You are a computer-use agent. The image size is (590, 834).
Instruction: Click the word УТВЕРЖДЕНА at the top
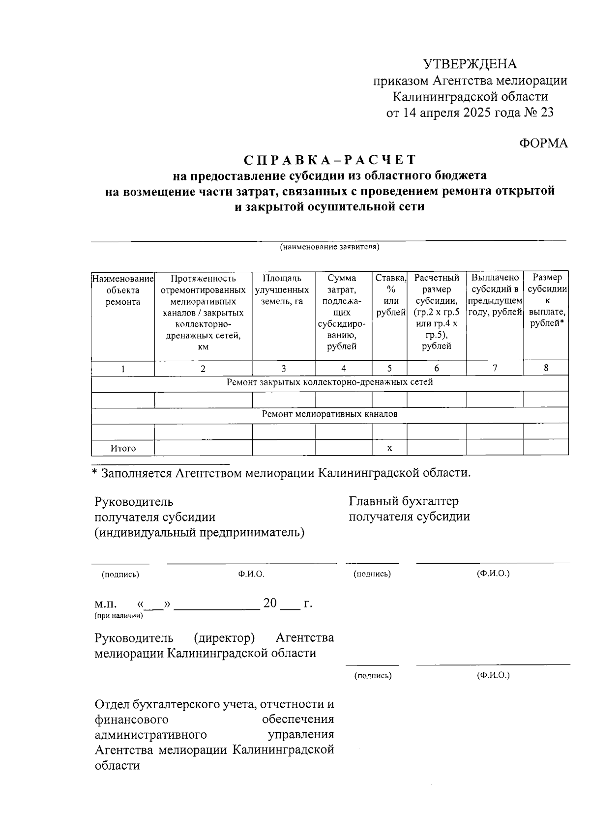point(470,64)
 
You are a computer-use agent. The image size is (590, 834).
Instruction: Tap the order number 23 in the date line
point(547,113)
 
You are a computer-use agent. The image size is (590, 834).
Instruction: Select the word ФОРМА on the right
point(543,143)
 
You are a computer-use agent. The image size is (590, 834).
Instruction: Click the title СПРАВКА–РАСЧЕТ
point(330,160)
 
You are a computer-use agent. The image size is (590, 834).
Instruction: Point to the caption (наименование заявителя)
point(329,247)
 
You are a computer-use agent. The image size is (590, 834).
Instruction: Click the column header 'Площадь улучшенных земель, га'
point(283,290)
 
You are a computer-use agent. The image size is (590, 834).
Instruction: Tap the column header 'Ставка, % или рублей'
point(390,295)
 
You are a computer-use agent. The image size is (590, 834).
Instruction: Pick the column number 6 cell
point(437,368)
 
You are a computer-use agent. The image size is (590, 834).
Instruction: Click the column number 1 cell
point(123,369)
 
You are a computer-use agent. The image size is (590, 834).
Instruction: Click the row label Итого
point(123,448)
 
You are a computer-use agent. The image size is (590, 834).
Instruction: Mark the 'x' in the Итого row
point(389,448)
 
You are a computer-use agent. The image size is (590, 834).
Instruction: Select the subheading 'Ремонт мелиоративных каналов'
point(329,414)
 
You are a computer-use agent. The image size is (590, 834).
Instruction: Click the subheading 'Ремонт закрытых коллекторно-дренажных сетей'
point(329,382)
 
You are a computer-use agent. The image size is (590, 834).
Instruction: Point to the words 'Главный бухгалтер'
point(404,501)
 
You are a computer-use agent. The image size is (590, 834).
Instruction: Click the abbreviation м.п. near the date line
point(106,604)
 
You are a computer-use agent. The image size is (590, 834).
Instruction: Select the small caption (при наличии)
point(118,615)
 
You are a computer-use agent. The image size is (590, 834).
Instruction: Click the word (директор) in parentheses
point(224,638)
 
